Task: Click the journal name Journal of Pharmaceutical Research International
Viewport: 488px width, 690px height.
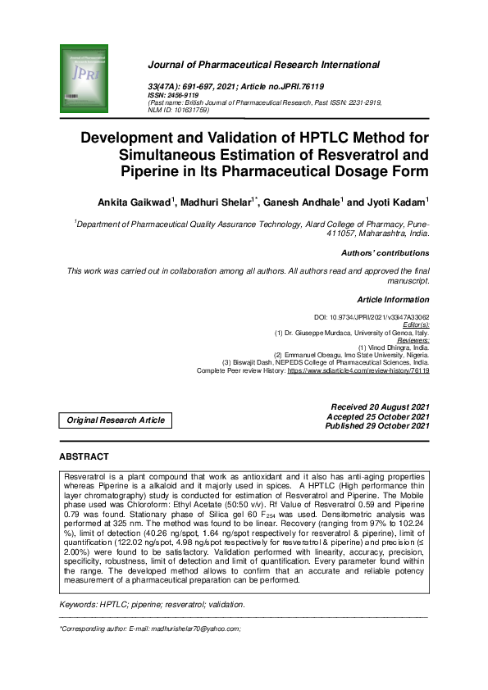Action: tap(262, 64)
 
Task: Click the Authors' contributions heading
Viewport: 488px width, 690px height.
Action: tap(385, 253)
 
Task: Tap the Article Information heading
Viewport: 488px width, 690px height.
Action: tap(393, 300)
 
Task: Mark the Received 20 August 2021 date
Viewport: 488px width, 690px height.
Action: tap(379, 407)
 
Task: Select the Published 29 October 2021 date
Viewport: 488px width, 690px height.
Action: tap(376, 426)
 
